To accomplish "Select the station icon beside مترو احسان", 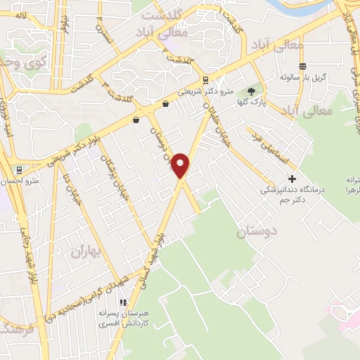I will pyautogui.click(x=18, y=169).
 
